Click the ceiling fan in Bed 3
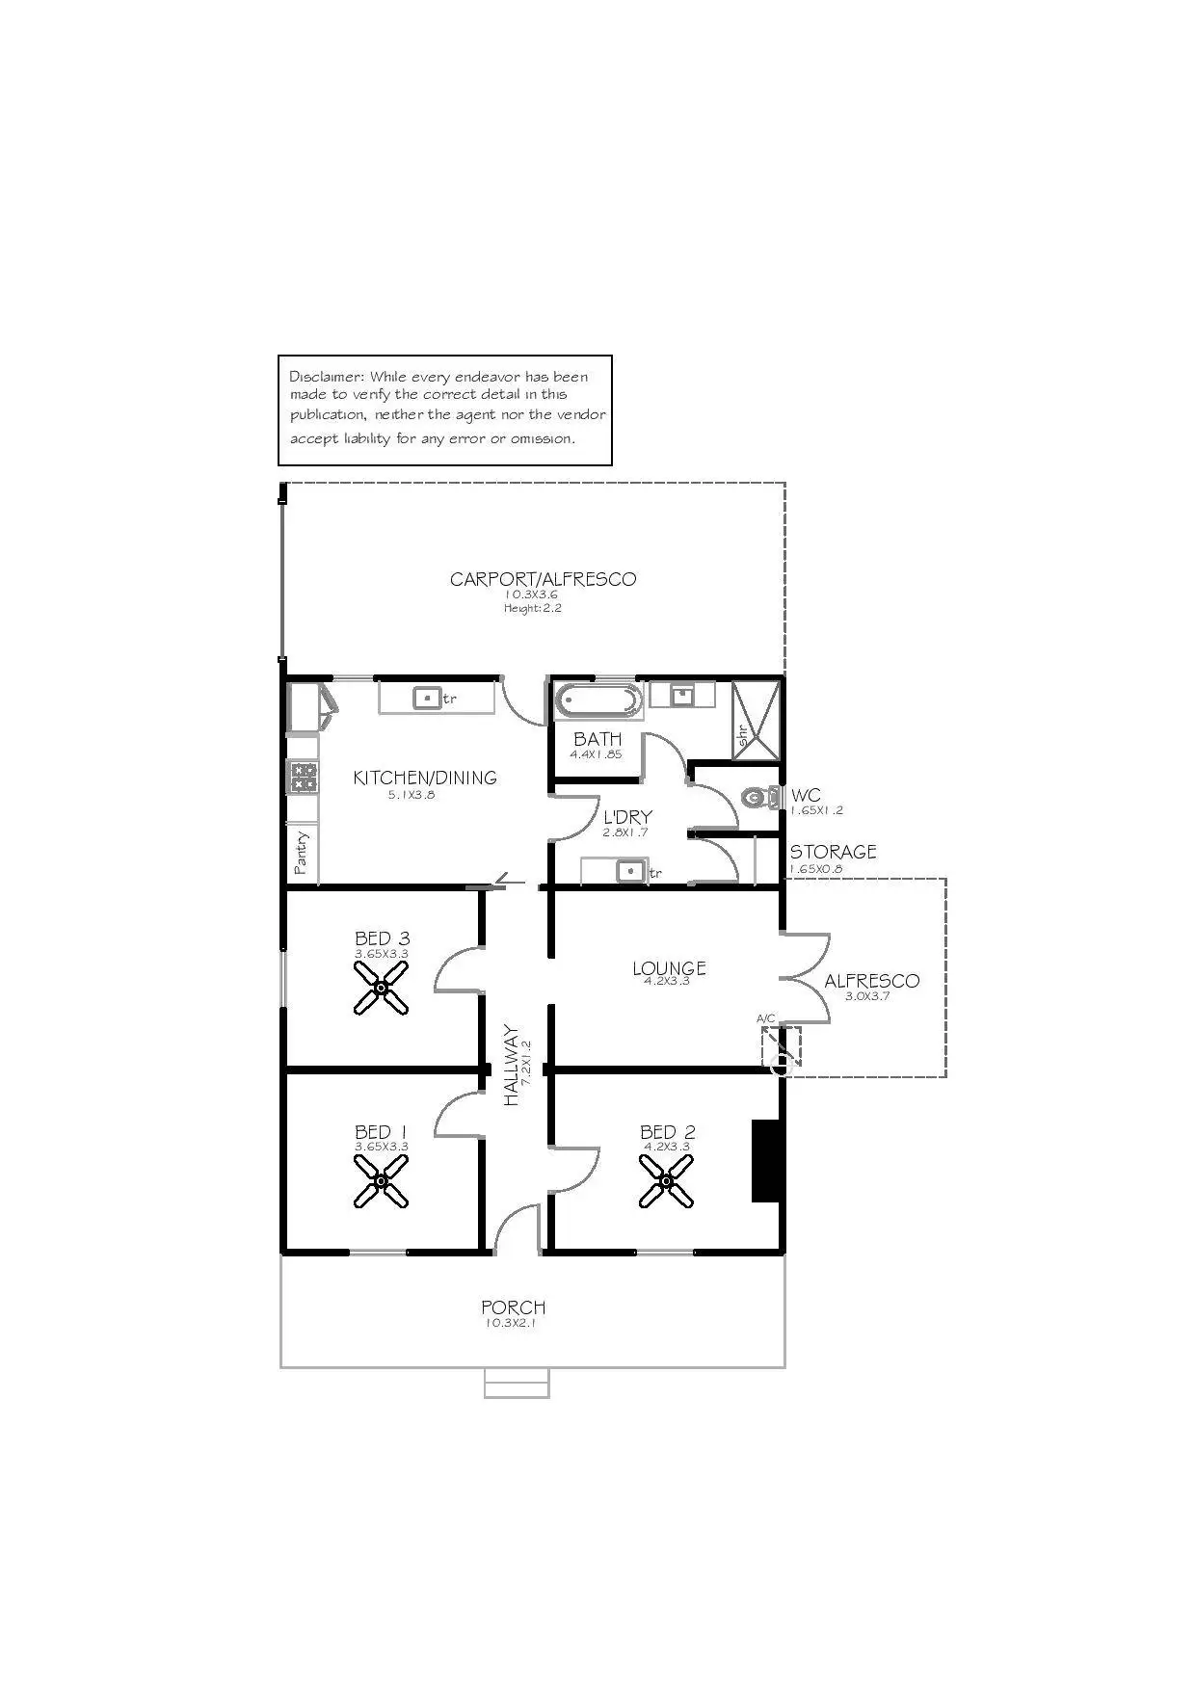click(381, 988)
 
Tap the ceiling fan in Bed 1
click(381, 1180)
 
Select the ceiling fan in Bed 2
click(666, 1181)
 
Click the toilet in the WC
click(761, 797)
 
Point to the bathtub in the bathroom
click(598, 701)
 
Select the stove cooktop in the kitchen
click(304, 777)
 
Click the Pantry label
click(302, 852)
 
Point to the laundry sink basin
click(630, 870)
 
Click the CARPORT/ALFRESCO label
click(544, 579)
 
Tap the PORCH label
click(514, 1307)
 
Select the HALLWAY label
click(511, 1065)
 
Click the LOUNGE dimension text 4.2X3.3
click(667, 981)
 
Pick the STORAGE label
click(834, 852)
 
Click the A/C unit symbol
click(782, 1047)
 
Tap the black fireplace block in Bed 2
click(765, 1160)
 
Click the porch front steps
click(517, 1383)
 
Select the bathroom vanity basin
click(682, 694)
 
